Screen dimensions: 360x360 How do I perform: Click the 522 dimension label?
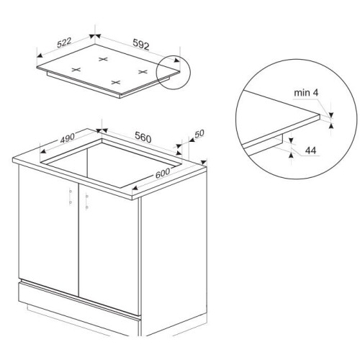[64, 42]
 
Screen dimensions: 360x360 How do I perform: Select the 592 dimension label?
[141, 45]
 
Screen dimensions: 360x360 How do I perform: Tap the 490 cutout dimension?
[68, 138]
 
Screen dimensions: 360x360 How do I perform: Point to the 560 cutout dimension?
[143, 138]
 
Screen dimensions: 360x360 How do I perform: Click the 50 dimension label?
[199, 134]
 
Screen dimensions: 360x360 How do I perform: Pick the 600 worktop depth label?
[163, 173]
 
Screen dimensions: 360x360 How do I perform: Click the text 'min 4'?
[306, 93]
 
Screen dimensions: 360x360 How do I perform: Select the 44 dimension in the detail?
[311, 150]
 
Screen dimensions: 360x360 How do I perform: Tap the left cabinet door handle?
[71, 197]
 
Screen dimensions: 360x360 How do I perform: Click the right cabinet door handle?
[87, 202]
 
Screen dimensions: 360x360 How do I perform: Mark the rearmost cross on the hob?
[103, 59]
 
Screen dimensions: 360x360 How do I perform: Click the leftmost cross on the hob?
[76, 70]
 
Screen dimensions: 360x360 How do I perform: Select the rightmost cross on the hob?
[143, 71]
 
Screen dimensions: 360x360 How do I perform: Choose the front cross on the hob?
[116, 82]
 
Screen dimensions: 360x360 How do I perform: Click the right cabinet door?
[109, 250]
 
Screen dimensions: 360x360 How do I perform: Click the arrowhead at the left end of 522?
[40, 55]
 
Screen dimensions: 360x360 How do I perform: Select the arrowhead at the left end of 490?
[42, 151]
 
